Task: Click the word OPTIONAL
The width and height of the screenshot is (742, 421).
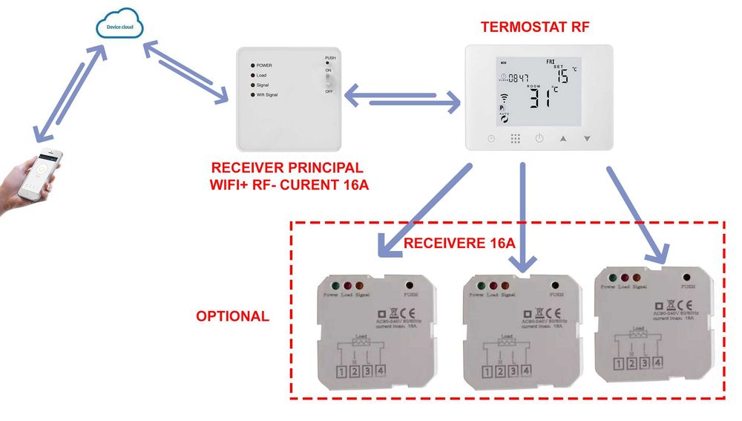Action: coord(232,316)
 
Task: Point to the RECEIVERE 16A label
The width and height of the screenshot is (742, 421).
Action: coord(459,243)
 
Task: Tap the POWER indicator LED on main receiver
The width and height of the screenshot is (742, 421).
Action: coord(253,65)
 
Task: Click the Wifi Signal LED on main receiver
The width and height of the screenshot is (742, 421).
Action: coord(253,95)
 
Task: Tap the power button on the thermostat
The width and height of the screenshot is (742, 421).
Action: coord(539,139)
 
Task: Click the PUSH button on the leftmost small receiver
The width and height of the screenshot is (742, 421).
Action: coord(410,284)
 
